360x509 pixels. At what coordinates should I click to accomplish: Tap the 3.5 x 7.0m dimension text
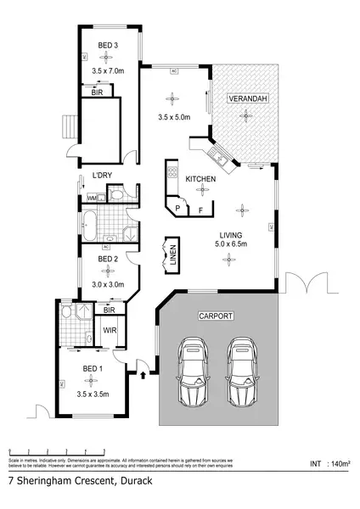pyautogui.click(x=106, y=73)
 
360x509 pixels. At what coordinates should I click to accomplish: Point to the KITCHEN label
pyautogui.click(x=200, y=179)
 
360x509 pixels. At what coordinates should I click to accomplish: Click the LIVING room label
pyautogui.click(x=231, y=234)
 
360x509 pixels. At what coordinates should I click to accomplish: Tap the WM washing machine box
pyautogui.click(x=92, y=198)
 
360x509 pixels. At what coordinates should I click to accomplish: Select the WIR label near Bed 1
pyautogui.click(x=110, y=329)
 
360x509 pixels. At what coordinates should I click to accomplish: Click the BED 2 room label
pyautogui.click(x=107, y=259)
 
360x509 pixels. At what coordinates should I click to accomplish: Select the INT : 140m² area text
pyautogui.click(x=329, y=464)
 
